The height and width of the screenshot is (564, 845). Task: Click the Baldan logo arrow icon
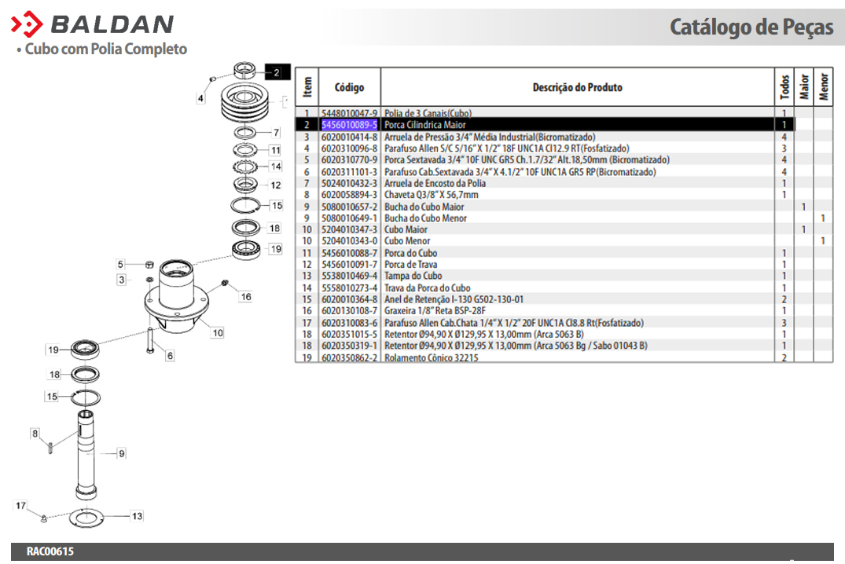[27, 24]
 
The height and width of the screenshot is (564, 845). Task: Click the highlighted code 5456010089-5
[349, 125]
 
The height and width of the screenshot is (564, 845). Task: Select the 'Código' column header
[349, 87]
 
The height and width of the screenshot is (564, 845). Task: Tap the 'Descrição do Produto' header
[577, 87]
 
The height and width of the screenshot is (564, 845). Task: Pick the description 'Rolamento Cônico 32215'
[431, 357]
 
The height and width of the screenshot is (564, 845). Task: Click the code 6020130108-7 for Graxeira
[349, 311]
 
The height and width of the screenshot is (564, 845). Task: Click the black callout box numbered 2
[277, 72]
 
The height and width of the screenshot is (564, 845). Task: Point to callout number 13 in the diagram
[138, 516]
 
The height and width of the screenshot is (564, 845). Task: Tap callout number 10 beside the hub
[218, 333]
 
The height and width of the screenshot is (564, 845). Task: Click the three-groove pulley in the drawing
[245, 104]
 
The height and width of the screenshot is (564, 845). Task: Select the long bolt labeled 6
[150, 341]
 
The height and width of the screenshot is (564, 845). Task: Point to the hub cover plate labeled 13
[86, 517]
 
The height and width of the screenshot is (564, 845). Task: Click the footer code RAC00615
[50, 551]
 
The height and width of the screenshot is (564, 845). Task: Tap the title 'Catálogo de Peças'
[751, 27]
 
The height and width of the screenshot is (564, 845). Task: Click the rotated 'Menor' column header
[824, 86]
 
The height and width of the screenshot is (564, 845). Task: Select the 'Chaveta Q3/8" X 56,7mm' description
[431, 195]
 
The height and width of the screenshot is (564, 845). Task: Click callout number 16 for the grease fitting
[246, 297]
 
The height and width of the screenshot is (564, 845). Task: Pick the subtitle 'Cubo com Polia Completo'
[105, 49]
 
